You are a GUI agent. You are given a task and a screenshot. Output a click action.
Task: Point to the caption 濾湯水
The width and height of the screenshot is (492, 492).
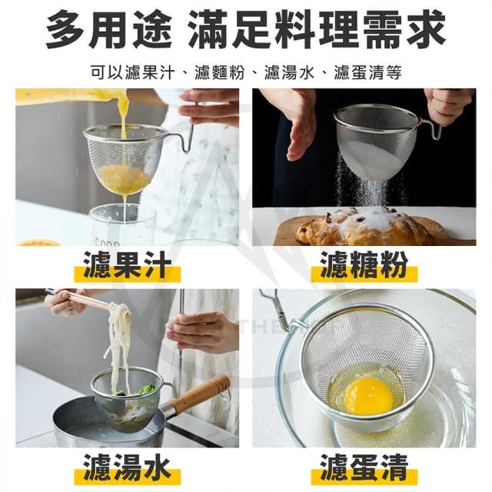point(128,468)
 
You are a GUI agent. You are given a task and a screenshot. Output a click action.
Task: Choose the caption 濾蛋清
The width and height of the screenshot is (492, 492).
point(364,468)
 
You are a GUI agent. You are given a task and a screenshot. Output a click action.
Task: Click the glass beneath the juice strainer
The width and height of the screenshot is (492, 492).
point(122,224)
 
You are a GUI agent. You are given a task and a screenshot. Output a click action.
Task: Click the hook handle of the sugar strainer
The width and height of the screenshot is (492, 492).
point(432,128)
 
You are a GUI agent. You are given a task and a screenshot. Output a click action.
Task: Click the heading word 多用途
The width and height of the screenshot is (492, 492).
point(108,29)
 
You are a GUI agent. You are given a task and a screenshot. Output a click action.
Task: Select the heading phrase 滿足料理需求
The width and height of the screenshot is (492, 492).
point(316,29)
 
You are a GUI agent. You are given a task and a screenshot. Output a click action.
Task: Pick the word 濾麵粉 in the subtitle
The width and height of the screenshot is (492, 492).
point(219,72)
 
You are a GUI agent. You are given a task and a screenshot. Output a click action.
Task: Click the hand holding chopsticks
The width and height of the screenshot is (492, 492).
point(66,301)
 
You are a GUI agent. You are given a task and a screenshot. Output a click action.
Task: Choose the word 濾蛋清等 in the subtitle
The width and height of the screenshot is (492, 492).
point(367,72)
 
